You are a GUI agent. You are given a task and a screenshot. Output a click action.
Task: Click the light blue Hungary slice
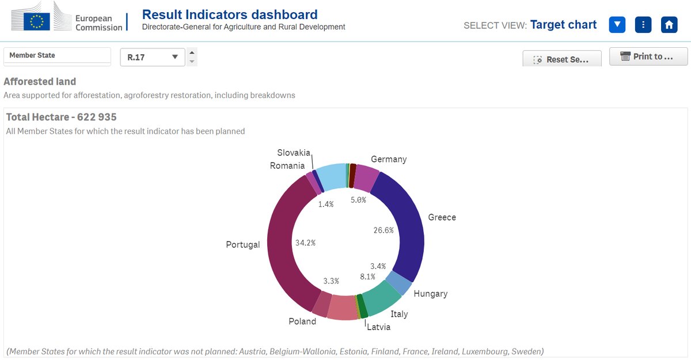[x=398, y=283]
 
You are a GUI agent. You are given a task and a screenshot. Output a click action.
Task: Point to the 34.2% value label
[x=305, y=242]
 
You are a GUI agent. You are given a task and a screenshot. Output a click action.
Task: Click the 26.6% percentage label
[x=384, y=230]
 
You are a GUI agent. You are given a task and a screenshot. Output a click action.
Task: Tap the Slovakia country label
[x=294, y=153]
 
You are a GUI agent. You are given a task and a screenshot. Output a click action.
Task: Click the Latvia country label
[x=378, y=327]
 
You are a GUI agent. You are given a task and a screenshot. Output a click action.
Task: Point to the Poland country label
[x=302, y=321]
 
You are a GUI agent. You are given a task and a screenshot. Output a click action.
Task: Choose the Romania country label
[x=287, y=166]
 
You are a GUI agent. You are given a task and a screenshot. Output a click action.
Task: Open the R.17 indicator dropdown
[x=152, y=57]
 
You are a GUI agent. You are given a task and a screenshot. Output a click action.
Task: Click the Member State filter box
[x=57, y=56]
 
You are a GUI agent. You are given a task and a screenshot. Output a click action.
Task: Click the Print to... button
[x=648, y=56]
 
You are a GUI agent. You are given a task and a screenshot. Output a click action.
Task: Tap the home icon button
[x=669, y=25]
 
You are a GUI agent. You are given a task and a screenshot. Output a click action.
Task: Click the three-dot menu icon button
[x=643, y=25]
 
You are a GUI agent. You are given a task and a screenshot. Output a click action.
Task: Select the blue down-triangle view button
[x=617, y=25]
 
